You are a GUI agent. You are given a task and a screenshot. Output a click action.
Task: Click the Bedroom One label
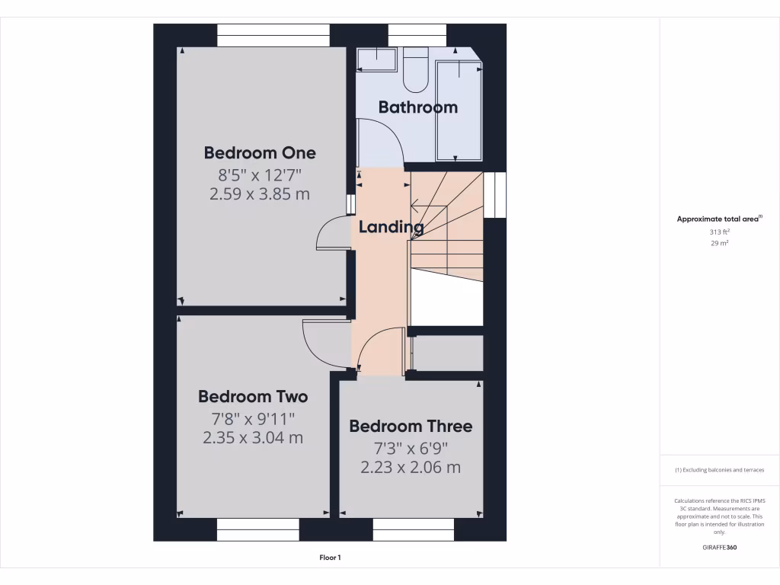pyautogui.click(x=259, y=152)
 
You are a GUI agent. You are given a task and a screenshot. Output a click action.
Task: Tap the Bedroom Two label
pyautogui.click(x=253, y=396)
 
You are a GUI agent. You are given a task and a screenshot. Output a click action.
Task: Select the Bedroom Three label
pyautogui.click(x=411, y=426)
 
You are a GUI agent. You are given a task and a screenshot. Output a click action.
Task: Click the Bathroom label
pyautogui.click(x=418, y=107)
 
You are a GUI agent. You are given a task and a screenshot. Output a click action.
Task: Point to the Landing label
pyautogui.click(x=391, y=226)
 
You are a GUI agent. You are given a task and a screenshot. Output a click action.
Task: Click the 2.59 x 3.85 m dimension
pyautogui.click(x=259, y=193)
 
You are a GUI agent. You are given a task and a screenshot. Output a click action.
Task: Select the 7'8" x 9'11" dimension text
pyautogui.click(x=253, y=417)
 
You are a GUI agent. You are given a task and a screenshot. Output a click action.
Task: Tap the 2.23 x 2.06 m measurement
pyautogui.click(x=411, y=467)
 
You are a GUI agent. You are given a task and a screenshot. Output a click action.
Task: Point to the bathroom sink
pyautogui.click(x=377, y=59)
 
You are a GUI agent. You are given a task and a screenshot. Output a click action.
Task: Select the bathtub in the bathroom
pyautogui.click(x=459, y=110)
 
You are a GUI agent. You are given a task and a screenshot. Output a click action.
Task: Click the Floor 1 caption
pyautogui.click(x=330, y=558)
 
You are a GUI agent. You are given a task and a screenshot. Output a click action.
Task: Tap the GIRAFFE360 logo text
pyautogui.click(x=720, y=547)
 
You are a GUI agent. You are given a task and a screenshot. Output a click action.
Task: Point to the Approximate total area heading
pyautogui.click(x=719, y=219)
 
